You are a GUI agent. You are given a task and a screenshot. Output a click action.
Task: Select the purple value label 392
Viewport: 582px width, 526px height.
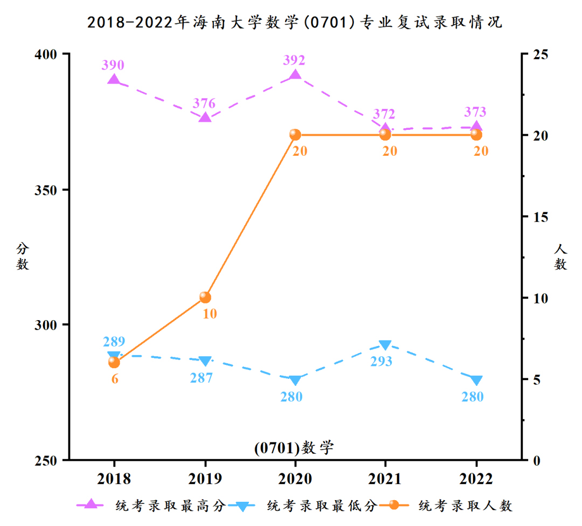coord(295,60)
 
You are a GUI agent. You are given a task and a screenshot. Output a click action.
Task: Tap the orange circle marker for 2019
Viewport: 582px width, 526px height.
coord(205,297)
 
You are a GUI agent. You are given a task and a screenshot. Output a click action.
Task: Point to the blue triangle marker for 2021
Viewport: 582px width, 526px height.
coord(385,345)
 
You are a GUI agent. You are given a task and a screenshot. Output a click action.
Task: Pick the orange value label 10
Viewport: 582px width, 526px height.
coord(209,313)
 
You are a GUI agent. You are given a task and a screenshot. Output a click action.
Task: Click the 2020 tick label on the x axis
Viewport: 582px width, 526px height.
coord(295,479)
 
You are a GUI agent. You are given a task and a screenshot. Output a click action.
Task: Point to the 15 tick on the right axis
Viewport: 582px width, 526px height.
coord(540,217)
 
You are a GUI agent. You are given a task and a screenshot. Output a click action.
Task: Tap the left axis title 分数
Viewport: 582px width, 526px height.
coord(23,256)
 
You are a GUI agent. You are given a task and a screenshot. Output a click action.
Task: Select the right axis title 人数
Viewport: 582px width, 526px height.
coord(561,257)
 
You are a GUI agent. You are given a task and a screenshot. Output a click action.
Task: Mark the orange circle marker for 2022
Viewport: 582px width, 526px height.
coord(476,135)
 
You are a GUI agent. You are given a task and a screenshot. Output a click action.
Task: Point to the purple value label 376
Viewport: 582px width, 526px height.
coord(204,103)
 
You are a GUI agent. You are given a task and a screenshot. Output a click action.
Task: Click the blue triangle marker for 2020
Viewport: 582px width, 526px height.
coord(295,380)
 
